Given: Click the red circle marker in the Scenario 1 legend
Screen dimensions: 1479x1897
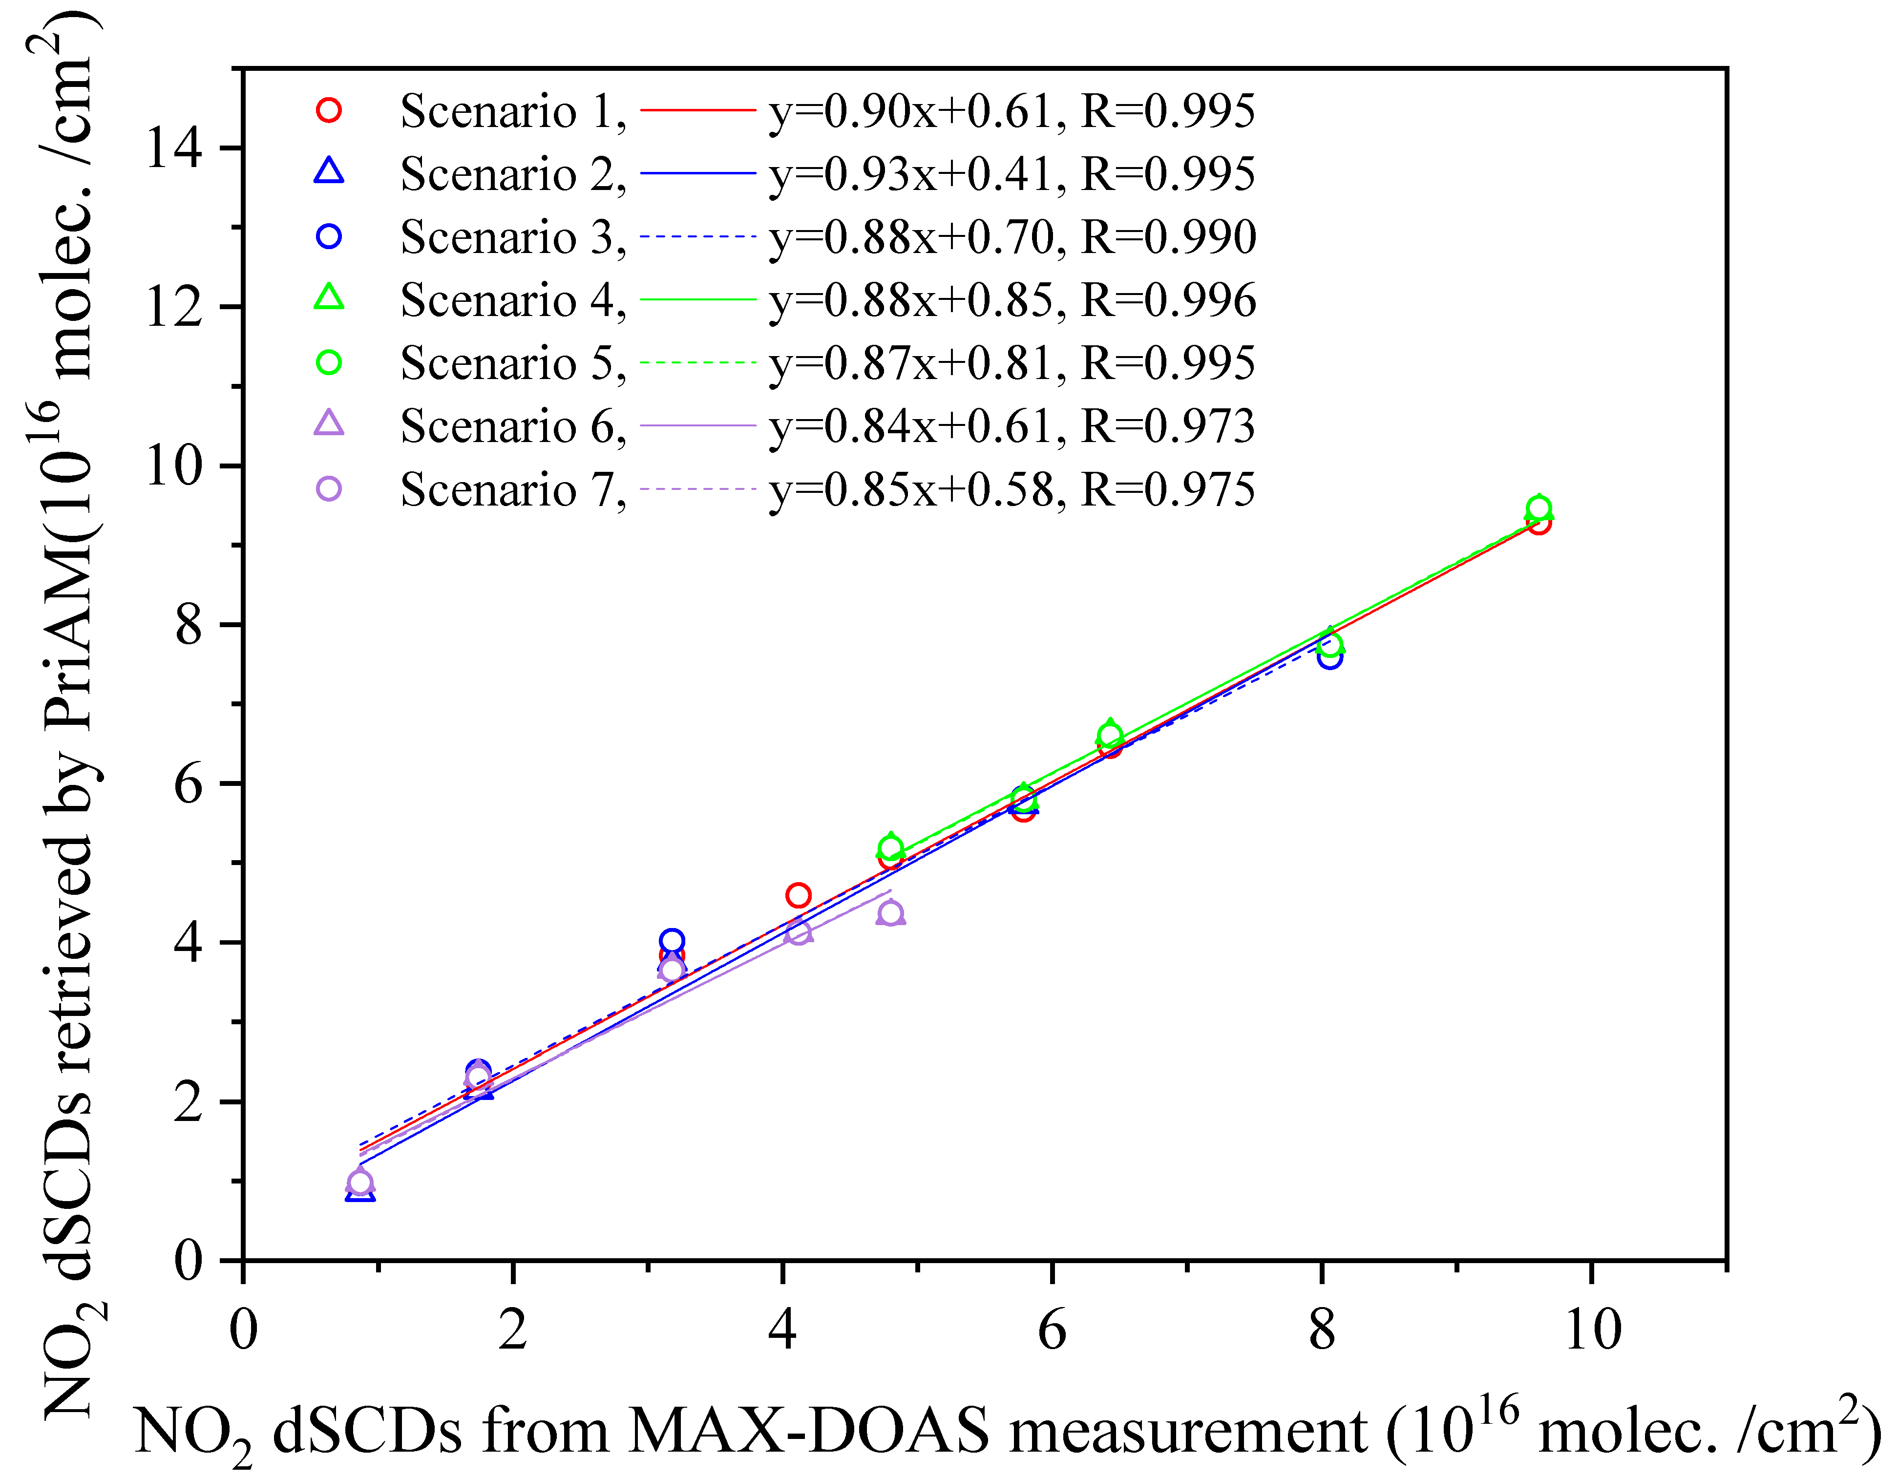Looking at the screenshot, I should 328,110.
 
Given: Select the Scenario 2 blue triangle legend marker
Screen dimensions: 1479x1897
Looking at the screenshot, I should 328,172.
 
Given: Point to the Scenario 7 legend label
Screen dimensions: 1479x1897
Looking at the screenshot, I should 512,490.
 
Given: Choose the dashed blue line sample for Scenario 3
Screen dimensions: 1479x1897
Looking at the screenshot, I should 698,236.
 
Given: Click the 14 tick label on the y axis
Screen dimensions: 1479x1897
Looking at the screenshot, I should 174,148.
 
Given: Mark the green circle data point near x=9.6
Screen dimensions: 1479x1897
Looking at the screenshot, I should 1539,509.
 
